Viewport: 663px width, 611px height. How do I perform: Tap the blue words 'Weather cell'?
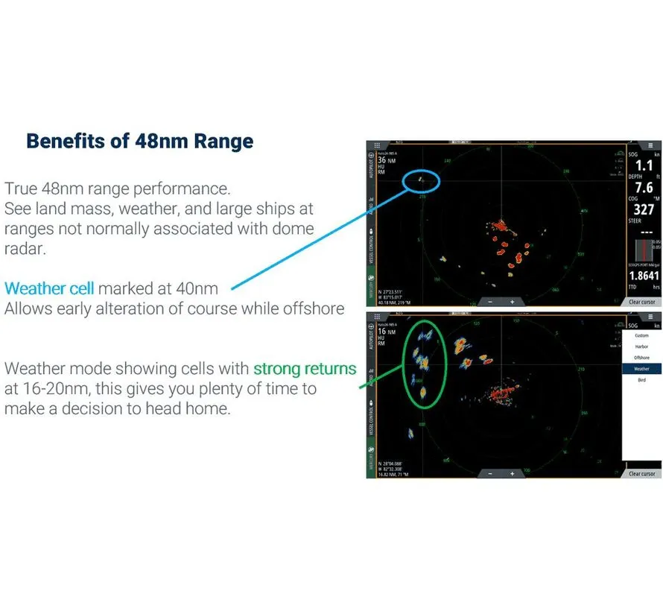tap(50, 288)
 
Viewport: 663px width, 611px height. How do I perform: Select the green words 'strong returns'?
tap(305, 368)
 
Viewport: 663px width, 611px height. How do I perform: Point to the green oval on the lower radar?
tap(423, 362)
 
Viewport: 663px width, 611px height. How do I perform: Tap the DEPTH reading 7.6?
tap(644, 189)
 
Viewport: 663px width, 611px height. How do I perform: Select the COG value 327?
tap(644, 210)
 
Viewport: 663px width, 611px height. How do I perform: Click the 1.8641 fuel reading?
tap(644, 276)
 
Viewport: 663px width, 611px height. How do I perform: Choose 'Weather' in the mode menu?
tap(641, 369)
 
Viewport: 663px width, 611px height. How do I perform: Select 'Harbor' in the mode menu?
tap(641, 346)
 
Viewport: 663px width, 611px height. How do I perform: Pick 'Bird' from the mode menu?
tap(641, 380)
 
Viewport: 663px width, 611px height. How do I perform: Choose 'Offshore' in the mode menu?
tap(641, 358)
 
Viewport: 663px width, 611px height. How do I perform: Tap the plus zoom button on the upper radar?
tap(513, 302)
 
